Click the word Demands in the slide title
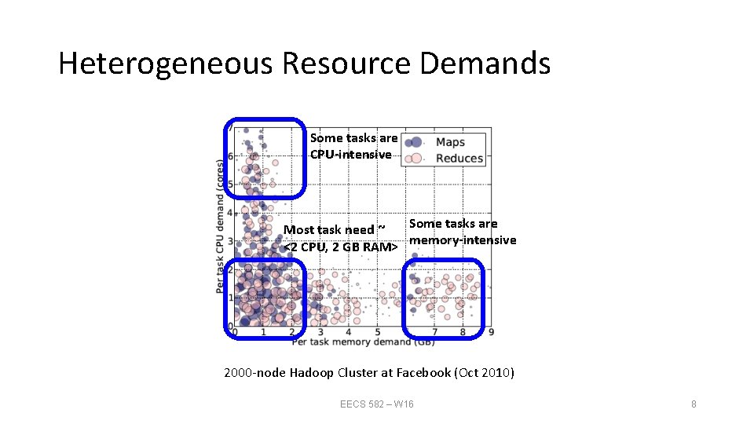485,64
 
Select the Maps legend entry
450,142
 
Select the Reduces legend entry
459,158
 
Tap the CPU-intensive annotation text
350,155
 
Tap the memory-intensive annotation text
463,240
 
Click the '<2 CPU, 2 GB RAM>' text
339,247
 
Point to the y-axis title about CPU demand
220,228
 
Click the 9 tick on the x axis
491,333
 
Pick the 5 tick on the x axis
378,333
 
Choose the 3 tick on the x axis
320,333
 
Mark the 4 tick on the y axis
229,213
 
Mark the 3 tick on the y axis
229,241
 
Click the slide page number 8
694,404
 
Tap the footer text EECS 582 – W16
377,404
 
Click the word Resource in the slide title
346,64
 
